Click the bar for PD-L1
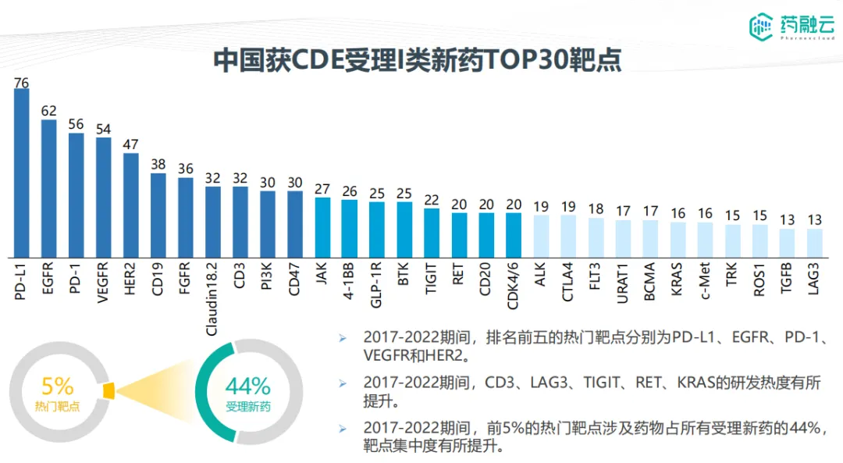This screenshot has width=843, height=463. coord(21,173)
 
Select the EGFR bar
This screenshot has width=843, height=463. coord(48,188)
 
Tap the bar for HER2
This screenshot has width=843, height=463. coord(130,205)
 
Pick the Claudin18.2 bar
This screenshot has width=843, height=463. coord(212,222)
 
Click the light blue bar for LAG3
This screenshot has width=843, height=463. coord(814,243)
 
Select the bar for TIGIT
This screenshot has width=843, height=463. coord(432,233)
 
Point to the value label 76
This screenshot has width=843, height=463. coord(21,82)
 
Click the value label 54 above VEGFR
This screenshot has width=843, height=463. coord(103,130)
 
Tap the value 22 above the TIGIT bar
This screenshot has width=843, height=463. coord(432,200)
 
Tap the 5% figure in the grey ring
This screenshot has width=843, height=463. coord(57,386)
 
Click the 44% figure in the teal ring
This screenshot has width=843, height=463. coord(247,386)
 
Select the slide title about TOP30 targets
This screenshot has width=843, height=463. coord(417,60)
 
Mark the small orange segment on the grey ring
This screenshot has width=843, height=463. coord(108,390)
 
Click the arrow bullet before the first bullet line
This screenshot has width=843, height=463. coord(342,338)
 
